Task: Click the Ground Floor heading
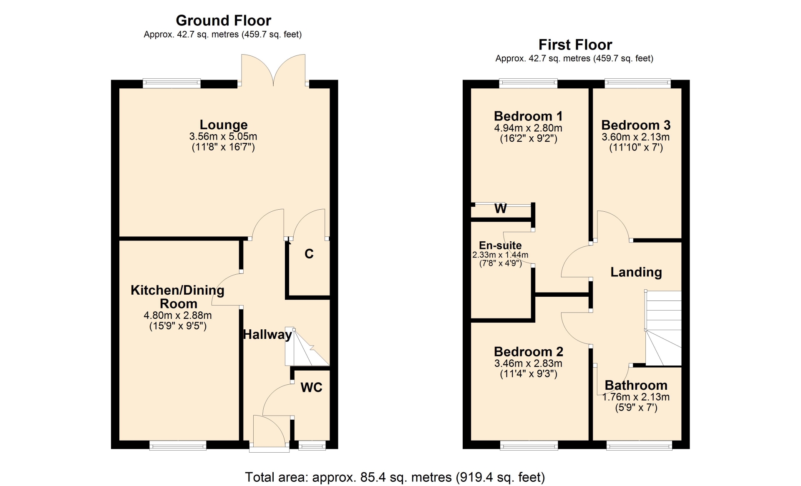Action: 224,20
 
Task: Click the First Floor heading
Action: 575,45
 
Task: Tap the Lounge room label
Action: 224,125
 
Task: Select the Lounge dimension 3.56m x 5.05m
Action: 223,136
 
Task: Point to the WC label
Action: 311,388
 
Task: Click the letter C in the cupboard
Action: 309,254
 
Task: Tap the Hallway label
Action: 267,334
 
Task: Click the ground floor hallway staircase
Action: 307,346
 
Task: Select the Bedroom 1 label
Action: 528,116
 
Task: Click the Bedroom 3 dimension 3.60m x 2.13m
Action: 636,137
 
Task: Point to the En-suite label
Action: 500,246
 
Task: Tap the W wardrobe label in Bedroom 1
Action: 501,208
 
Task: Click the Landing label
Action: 636,272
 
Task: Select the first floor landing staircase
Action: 663,328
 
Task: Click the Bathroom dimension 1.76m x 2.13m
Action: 636,397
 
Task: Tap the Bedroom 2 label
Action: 529,352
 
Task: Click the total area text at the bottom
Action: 395,477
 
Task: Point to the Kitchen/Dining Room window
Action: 178,446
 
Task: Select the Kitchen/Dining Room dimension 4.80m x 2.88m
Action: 178,316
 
